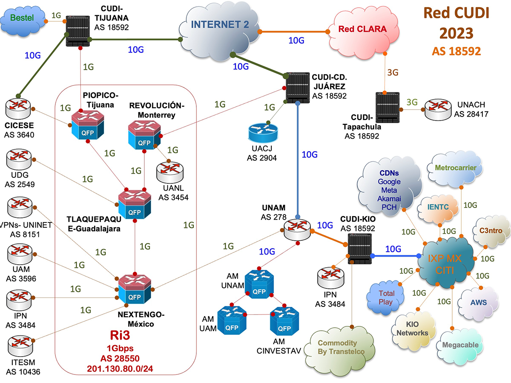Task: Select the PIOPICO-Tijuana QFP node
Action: click(87, 124)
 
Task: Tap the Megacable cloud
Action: click(459, 344)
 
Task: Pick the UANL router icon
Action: click(169, 173)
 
